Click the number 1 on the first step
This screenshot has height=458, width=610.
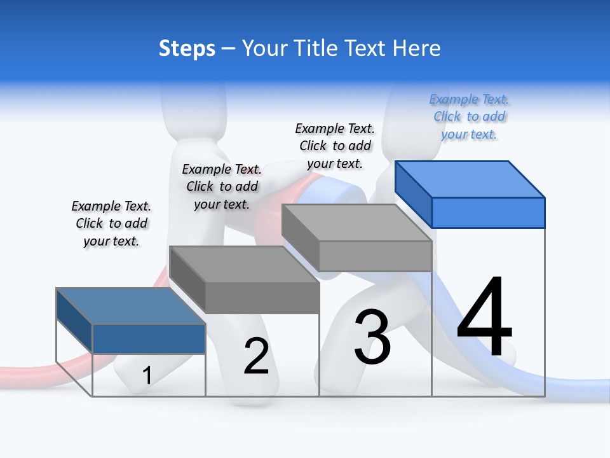pos(147,376)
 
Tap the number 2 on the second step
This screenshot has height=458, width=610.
pos(256,357)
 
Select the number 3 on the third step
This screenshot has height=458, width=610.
pos(372,337)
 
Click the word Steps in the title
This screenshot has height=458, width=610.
pos(187,48)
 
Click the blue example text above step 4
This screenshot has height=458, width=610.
pos(469,117)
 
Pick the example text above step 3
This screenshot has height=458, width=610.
pos(335,146)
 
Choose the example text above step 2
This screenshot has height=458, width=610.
pos(222,186)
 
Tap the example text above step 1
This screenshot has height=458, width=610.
pos(111,223)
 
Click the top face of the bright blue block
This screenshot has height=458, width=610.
pos(470,179)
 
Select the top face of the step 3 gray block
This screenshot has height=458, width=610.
pos(356,223)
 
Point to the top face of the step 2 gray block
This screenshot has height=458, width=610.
pos(244,264)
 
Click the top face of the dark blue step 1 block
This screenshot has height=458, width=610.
pos(130,306)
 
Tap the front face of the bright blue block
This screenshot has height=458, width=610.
pos(488,212)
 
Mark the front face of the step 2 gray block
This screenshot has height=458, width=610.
pos(262,298)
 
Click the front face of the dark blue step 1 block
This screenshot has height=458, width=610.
pos(149,338)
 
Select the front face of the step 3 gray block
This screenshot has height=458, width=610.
pos(375,256)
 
